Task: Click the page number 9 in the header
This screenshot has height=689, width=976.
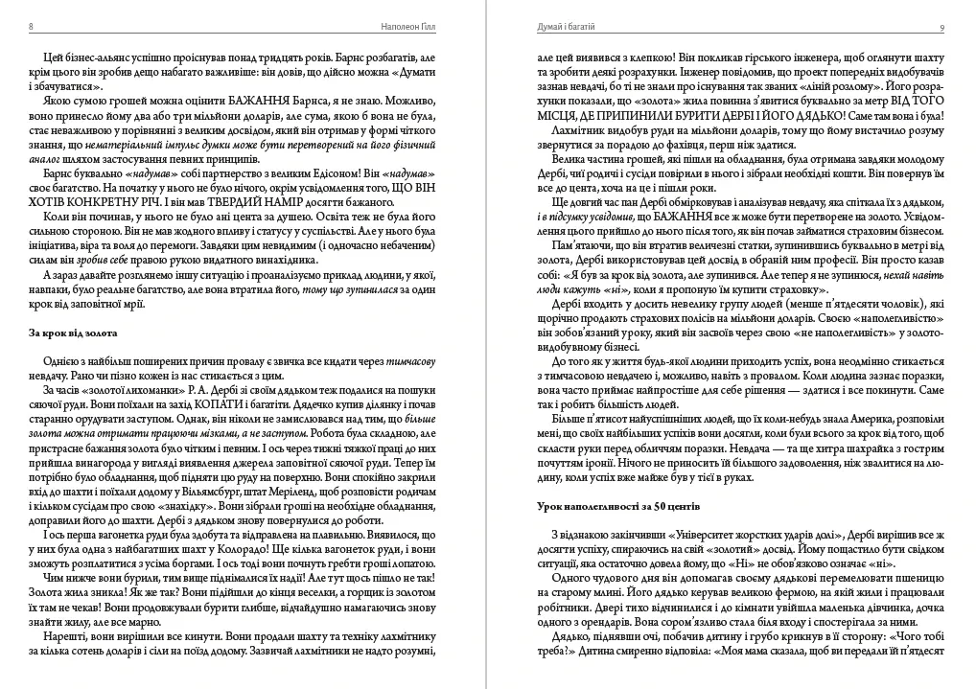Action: (x=942, y=26)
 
